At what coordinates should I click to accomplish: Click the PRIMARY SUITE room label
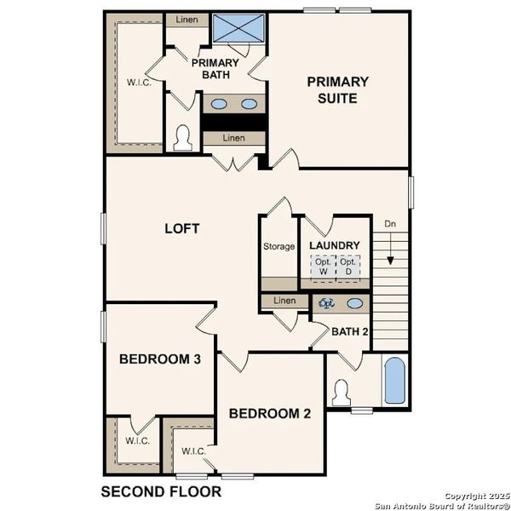(x=338, y=89)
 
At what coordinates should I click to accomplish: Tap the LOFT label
(x=181, y=228)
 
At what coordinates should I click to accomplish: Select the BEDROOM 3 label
(x=159, y=359)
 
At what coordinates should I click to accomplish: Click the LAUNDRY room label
(x=335, y=245)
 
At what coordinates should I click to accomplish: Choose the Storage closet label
(x=278, y=247)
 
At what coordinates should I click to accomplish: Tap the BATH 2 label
(x=349, y=331)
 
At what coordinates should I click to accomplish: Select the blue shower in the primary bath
(x=238, y=27)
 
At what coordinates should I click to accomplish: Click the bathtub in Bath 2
(x=394, y=381)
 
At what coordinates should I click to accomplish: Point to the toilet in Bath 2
(x=343, y=393)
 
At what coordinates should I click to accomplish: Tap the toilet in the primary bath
(x=181, y=138)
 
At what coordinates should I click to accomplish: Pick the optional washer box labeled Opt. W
(x=322, y=267)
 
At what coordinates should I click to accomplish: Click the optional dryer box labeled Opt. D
(x=347, y=267)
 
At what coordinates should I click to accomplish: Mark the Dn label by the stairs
(x=390, y=224)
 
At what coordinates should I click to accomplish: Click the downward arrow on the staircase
(x=390, y=250)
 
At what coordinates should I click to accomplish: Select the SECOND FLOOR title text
(x=161, y=491)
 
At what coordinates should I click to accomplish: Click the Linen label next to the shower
(x=187, y=19)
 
